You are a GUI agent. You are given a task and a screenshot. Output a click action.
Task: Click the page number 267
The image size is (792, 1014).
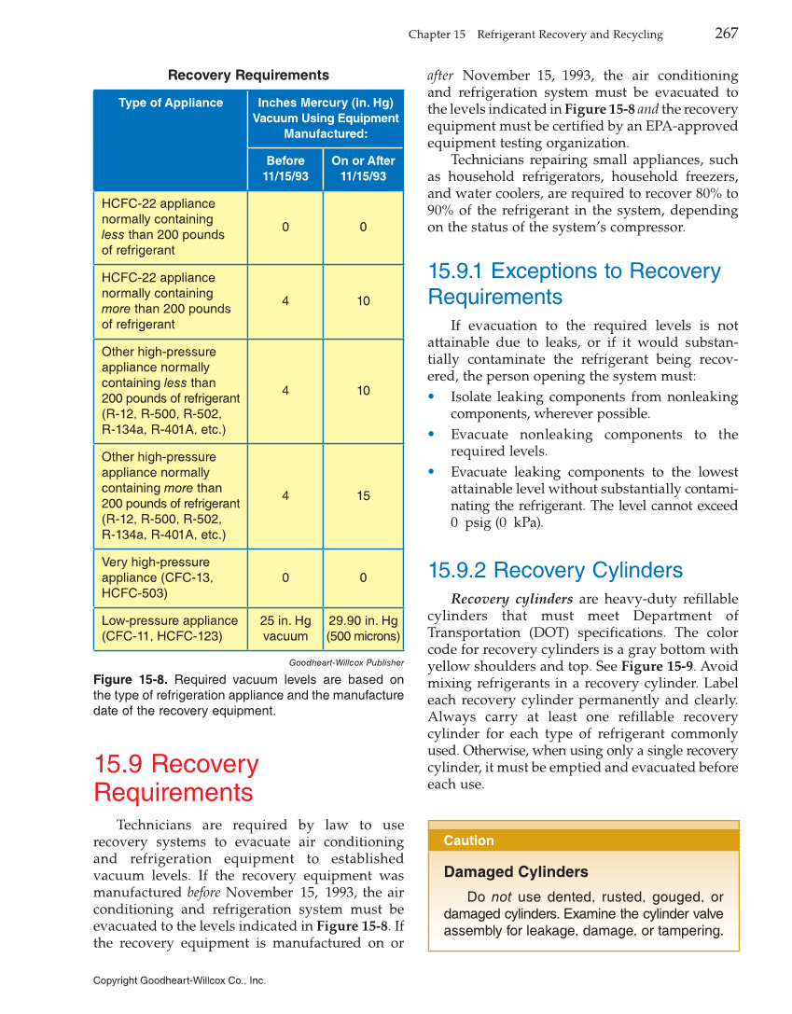tap(726, 34)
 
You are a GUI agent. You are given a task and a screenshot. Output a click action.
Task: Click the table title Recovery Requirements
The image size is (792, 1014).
tap(248, 76)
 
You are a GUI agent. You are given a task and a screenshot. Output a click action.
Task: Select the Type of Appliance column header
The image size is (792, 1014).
tap(171, 103)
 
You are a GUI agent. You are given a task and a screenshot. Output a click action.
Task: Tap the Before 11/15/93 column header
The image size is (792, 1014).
tap(285, 168)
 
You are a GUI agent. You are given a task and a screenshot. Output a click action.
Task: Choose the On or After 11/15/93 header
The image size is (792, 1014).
tap(363, 168)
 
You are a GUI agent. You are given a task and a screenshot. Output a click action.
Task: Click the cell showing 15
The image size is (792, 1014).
tap(363, 496)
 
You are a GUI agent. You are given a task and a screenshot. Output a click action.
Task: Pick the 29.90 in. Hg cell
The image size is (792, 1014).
tap(363, 628)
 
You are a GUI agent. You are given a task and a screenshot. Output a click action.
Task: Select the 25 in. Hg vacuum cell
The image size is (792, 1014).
tap(285, 628)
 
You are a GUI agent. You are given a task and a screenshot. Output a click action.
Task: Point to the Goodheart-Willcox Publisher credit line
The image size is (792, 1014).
tap(346, 662)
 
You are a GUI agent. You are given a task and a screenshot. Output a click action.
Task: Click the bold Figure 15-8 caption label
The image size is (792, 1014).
tap(131, 680)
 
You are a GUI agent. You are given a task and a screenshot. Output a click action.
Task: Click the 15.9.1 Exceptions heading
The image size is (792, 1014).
tap(574, 284)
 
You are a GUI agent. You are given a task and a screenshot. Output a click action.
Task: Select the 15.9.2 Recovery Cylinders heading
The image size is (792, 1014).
tap(555, 570)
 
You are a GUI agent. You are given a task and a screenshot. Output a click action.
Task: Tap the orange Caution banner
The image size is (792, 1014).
tap(583, 840)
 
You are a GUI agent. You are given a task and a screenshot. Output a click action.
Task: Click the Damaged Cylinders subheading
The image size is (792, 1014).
tap(516, 872)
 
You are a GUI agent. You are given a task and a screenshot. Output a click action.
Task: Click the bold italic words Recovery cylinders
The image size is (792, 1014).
tap(511, 599)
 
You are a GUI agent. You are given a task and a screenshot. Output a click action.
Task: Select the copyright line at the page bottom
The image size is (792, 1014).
tap(180, 980)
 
